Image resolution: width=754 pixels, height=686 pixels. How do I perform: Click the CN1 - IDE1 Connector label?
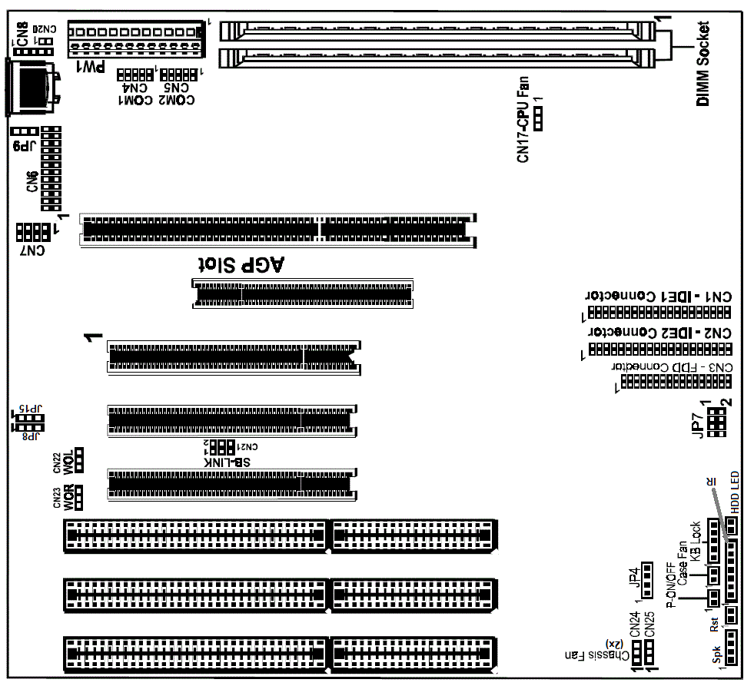tap(659, 297)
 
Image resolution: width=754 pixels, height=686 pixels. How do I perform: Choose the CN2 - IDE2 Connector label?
tap(659, 333)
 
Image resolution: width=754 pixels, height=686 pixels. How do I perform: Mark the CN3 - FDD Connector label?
tap(673, 367)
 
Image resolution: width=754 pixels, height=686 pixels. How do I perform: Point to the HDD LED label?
tap(735, 492)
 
